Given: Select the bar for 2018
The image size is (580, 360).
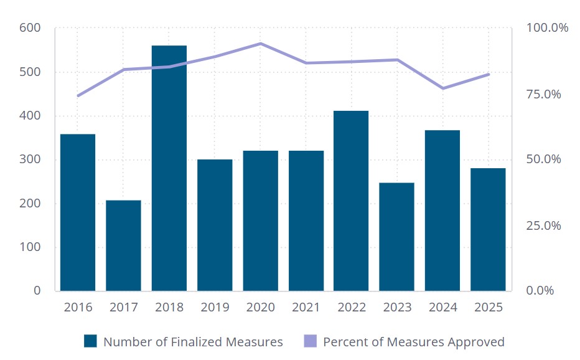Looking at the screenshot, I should click(x=169, y=168).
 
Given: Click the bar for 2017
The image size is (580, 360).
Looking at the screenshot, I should click(x=123, y=245).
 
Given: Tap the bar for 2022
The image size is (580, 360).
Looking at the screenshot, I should click(x=351, y=201).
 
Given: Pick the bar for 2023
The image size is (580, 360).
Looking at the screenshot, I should click(x=396, y=237).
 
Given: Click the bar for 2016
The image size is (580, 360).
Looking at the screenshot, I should click(x=78, y=212).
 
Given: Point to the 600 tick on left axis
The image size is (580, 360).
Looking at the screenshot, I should click(x=29, y=28).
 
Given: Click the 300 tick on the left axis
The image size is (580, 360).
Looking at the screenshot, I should click(x=29, y=159).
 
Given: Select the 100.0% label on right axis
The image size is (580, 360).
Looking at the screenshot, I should click(x=547, y=28).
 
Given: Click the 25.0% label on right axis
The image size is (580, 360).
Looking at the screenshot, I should click(x=543, y=225).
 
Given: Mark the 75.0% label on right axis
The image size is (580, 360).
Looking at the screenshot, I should click(x=543, y=94).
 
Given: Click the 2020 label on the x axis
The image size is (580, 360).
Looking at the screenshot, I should click(x=260, y=308).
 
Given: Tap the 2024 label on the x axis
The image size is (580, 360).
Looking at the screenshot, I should click(x=442, y=308).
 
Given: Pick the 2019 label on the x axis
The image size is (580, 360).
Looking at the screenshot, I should click(x=215, y=308).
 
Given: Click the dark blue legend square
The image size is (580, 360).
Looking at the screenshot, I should click(x=91, y=341).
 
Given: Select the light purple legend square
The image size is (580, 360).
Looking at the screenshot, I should click(x=310, y=341).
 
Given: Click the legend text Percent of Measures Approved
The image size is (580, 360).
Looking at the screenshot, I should click(x=413, y=342).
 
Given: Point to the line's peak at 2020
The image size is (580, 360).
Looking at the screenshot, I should click(x=260, y=44).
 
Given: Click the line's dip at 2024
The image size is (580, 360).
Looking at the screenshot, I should click(x=442, y=88).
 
